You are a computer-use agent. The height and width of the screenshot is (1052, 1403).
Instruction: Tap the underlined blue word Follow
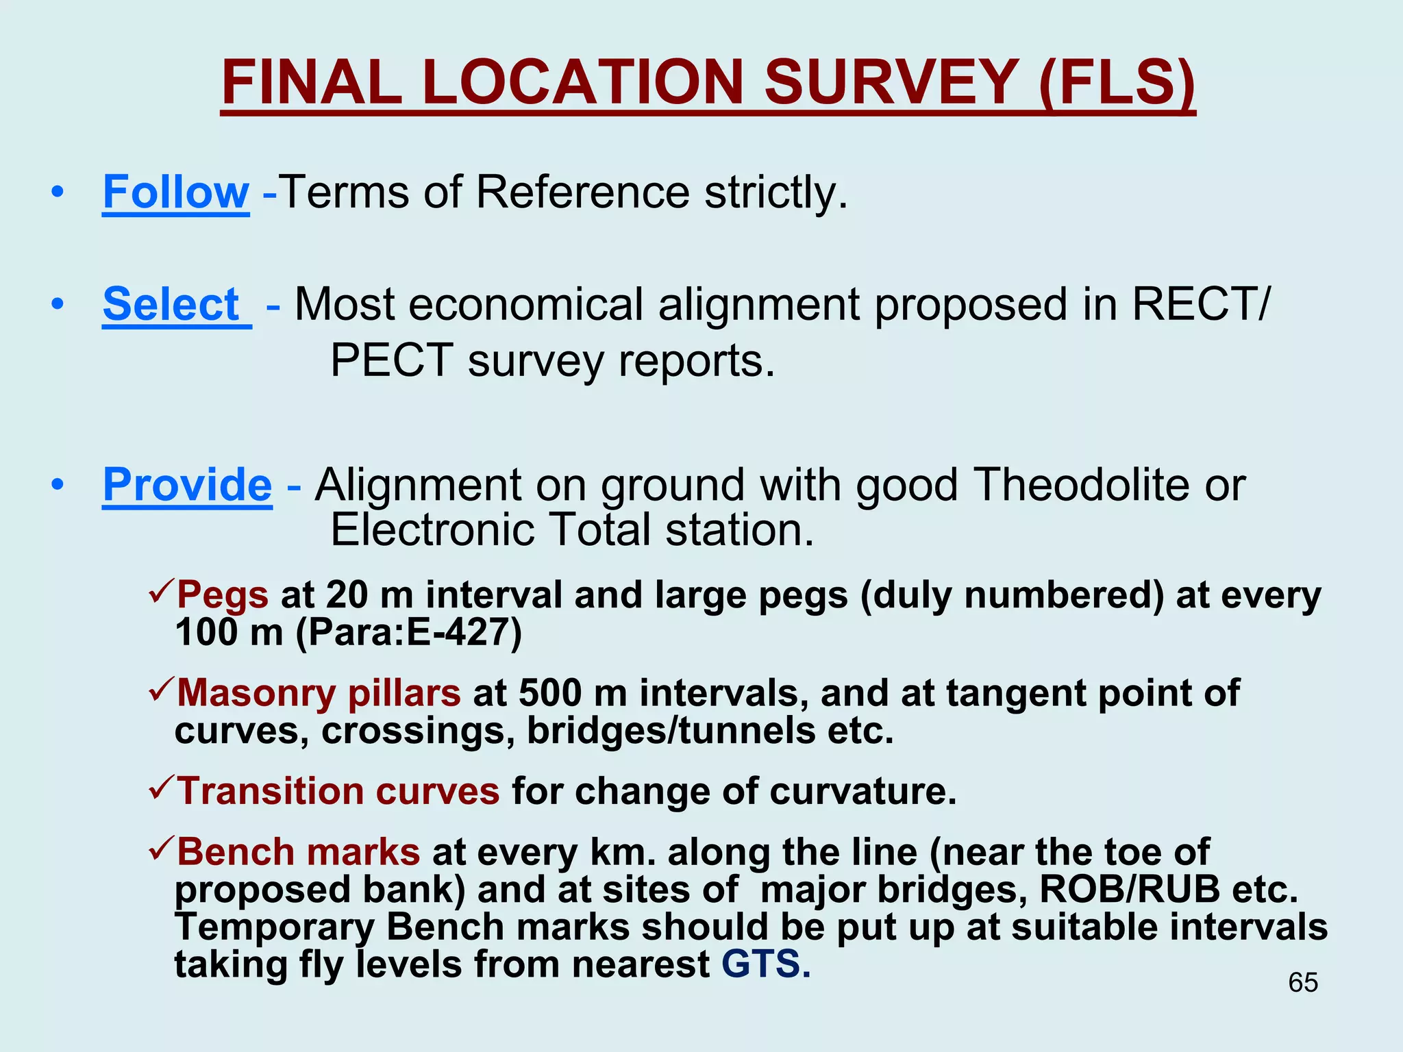point(175,192)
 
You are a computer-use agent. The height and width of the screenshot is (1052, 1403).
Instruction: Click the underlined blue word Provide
point(187,485)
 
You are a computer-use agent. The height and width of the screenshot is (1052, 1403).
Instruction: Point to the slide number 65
point(1302,982)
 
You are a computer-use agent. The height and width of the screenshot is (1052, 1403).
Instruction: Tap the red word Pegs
point(223,594)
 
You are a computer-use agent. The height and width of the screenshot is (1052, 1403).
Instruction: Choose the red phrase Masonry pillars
point(319,692)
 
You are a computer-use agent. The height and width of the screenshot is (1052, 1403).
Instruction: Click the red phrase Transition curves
point(338,791)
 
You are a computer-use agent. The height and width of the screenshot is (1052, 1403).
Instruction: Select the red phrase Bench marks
point(299,852)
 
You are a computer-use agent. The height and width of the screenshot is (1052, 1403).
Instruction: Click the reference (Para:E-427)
point(409,632)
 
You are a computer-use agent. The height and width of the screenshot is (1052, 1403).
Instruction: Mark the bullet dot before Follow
point(58,192)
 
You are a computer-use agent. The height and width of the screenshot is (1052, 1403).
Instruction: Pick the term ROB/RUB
point(1130,890)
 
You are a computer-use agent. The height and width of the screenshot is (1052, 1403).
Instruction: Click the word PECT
point(390,360)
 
